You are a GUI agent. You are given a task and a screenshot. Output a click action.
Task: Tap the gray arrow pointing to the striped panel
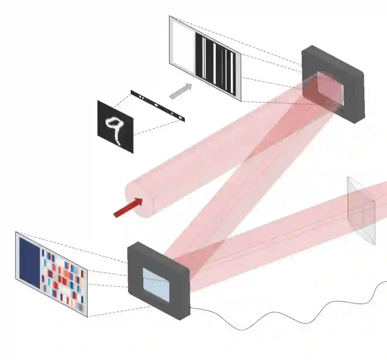pyautogui.click(x=180, y=91)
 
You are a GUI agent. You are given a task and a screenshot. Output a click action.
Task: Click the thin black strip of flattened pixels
pyautogui.click(x=158, y=106)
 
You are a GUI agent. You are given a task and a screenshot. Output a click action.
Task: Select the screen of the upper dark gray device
pyautogui.click(x=331, y=88)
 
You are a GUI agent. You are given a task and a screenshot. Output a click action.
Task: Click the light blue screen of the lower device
pyautogui.click(x=156, y=285)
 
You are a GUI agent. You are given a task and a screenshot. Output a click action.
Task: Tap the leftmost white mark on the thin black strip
pyautogui.click(x=140, y=97)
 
